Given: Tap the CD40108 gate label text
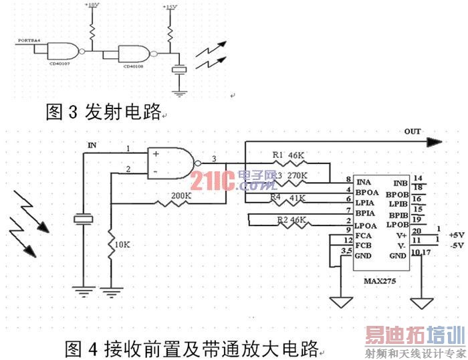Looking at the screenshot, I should pos(133,66).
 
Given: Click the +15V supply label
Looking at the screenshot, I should pos(170,7).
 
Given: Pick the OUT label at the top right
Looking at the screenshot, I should pos(413,132).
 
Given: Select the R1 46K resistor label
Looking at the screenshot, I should pos(289,155).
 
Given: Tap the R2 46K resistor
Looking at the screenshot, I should pos(289,219).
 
